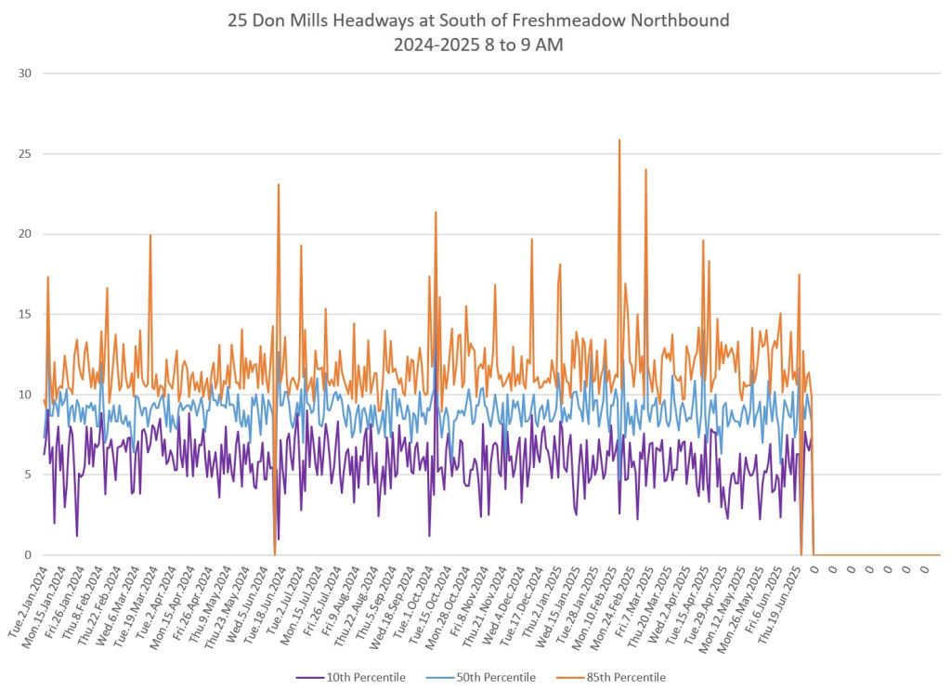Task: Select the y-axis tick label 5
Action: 28,474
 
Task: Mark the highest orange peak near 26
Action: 619,140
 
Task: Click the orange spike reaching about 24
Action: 645,170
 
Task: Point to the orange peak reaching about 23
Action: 278,185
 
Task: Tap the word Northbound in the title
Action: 672,20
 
